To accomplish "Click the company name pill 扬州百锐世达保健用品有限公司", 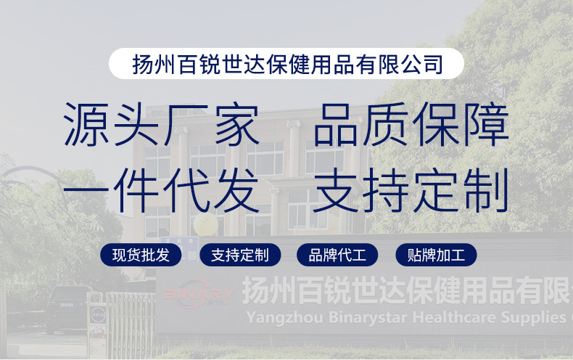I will click(286, 64).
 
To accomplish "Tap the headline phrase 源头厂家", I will click(162, 126).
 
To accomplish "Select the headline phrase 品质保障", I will click(411, 126).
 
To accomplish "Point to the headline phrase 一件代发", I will click(162, 190).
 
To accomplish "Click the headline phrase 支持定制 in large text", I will click(411, 190).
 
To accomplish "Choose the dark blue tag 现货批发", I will click(141, 255).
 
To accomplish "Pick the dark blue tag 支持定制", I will click(239, 255).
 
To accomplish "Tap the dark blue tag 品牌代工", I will click(337, 255).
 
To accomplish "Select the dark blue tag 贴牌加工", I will click(436, 255).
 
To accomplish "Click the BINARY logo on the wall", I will click(197, 294).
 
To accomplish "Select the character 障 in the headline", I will click(486, 126).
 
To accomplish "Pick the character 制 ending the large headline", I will click(486, 190).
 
